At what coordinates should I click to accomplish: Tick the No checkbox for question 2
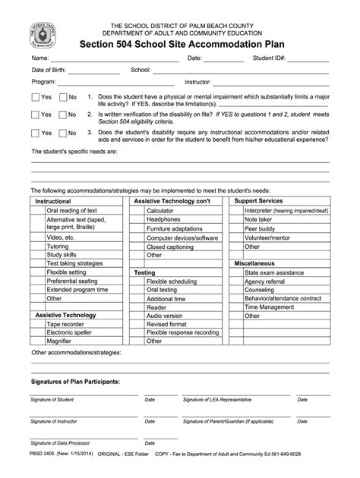point(63,115)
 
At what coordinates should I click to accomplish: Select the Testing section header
point(144,272)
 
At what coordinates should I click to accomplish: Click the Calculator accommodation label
point(160,210)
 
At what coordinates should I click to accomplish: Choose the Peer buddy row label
point(260,228)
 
